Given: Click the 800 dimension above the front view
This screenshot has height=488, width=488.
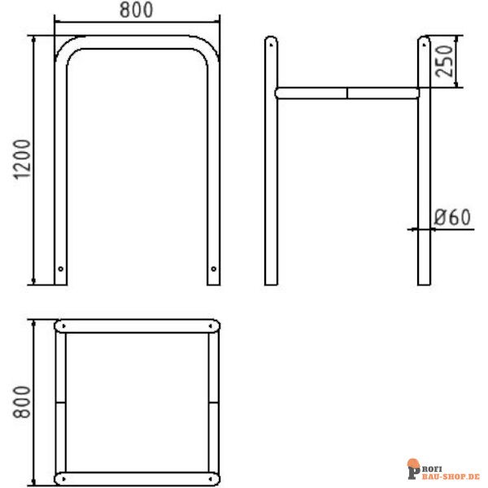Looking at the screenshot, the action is [137, 10].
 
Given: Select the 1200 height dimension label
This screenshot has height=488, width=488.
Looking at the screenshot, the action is [22, 159].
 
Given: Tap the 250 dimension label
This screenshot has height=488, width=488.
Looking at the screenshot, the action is [444, 61].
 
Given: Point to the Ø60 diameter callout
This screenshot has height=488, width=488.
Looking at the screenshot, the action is [452, 217].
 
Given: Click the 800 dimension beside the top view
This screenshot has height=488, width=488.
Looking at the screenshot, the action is [22, 402].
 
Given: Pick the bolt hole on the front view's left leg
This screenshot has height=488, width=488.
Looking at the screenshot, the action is [61, 269].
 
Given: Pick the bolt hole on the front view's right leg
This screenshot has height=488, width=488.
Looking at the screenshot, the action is [213, 269].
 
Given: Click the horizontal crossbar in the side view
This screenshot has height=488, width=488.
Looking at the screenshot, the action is [347, 94].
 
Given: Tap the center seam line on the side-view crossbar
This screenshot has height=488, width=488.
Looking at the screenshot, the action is [347, 94].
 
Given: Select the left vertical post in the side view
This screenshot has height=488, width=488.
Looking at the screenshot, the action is [271, 160].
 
